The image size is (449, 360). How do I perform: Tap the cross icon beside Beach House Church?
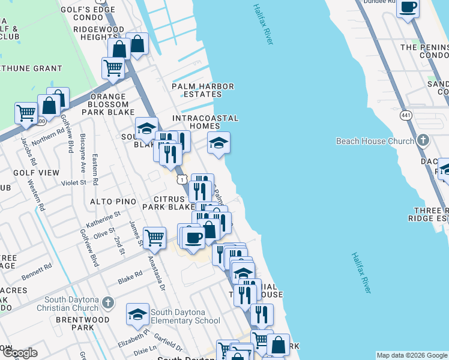pos(423,141)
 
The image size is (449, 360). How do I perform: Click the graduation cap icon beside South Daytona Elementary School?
pos(137,314)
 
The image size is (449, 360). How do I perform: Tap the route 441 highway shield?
pos(406,115)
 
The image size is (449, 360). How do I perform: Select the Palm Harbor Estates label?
pos(203,90)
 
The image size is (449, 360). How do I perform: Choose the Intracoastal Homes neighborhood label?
pos(205,122)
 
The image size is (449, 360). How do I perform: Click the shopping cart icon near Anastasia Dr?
pos(155,237)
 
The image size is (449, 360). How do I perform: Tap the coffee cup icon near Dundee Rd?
pos(408,8)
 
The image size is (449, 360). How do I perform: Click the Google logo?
pos(19,353)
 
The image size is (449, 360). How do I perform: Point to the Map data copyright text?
pos(411,355)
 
